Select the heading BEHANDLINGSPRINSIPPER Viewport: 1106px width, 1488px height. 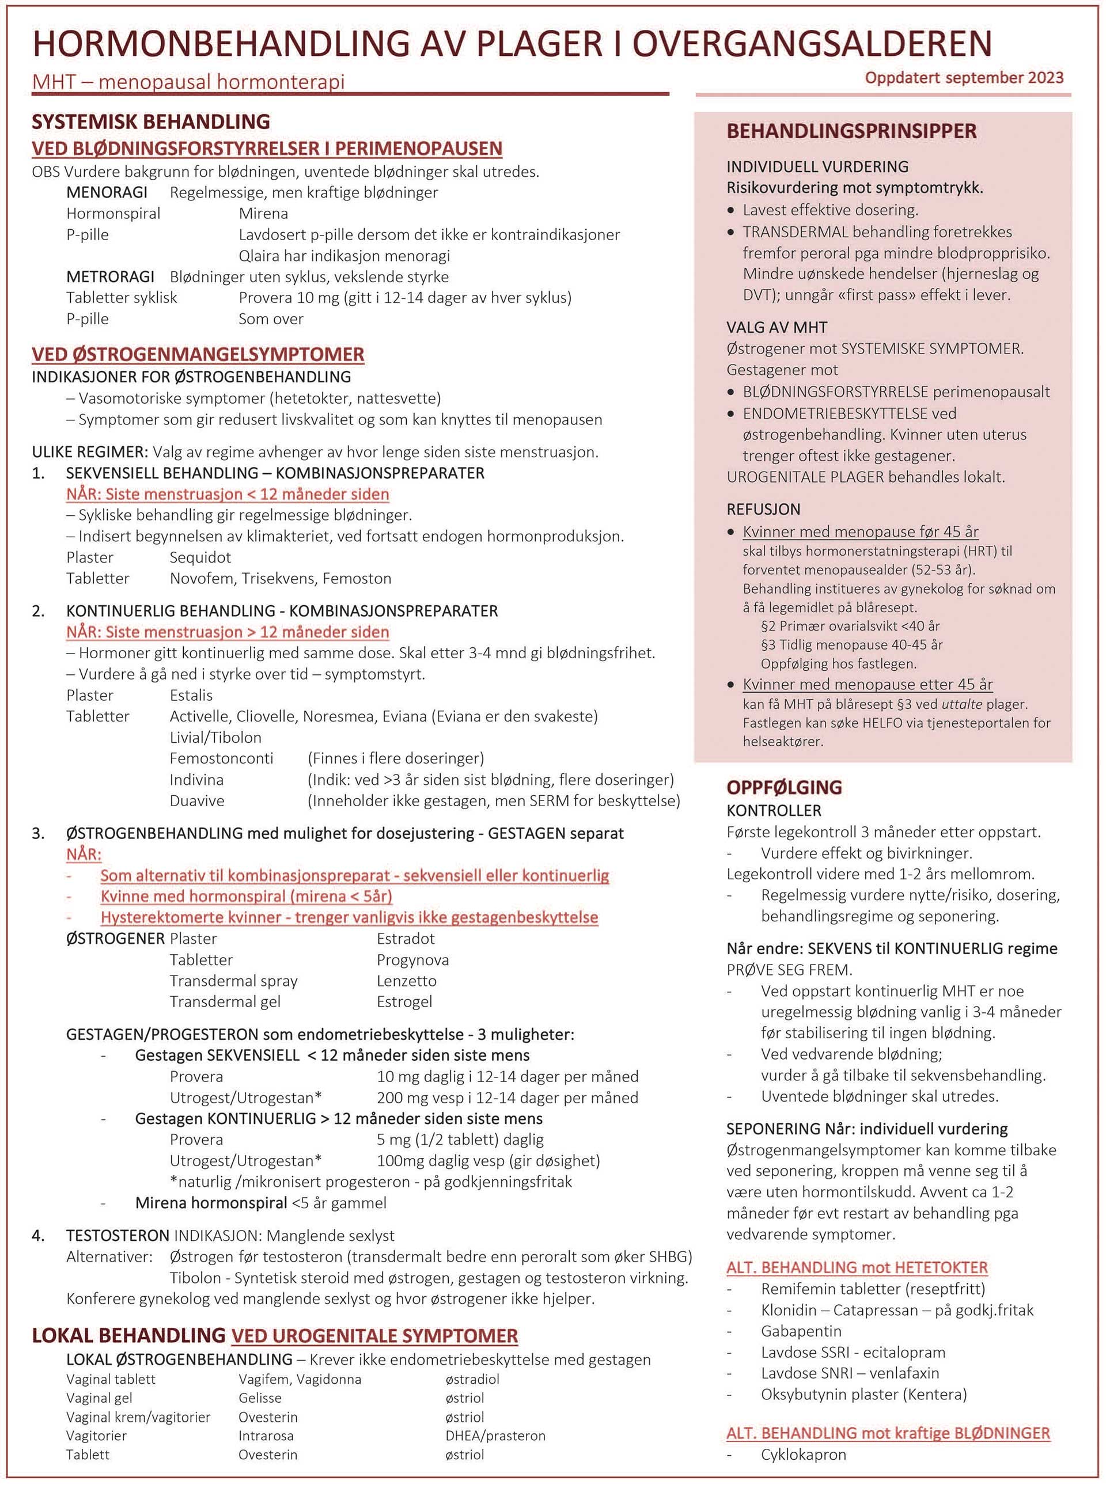pyautogui.click(x=851, y=131)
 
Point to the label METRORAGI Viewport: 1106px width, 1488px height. pyautogui.click(x=110, y=276)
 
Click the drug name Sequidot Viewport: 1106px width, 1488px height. pyautogui.click(x=200, y=557)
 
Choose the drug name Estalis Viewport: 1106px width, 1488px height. pyautogui.click(x=191, y=695)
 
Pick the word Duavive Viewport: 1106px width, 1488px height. pyautogui.click(x=197, y=800)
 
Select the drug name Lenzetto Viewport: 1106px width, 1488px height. pyautogui.click(x=406, y=981)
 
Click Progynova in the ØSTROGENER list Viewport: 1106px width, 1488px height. pyautogui.click(x=412, y=959)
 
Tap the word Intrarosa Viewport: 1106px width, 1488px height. pyautogui.click(x=266, y=1435)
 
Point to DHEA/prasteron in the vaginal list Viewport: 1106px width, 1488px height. pyautogui.click(x=495, y=1435)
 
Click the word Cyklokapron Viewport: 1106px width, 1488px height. pyautogui.click(x=804, y=1454)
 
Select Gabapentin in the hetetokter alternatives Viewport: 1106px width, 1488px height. pyautogui.click(x=801, y=1331)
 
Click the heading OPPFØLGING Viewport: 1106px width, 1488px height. pyautogui.click(x=784, y=787)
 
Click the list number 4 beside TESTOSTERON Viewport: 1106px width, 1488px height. pyautogui.click(x=38, y=1235)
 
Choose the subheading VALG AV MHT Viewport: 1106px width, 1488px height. pyautogui.click(x=777, y=327)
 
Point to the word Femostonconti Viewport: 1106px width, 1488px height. pyautogui.click(x=222, y=758)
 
